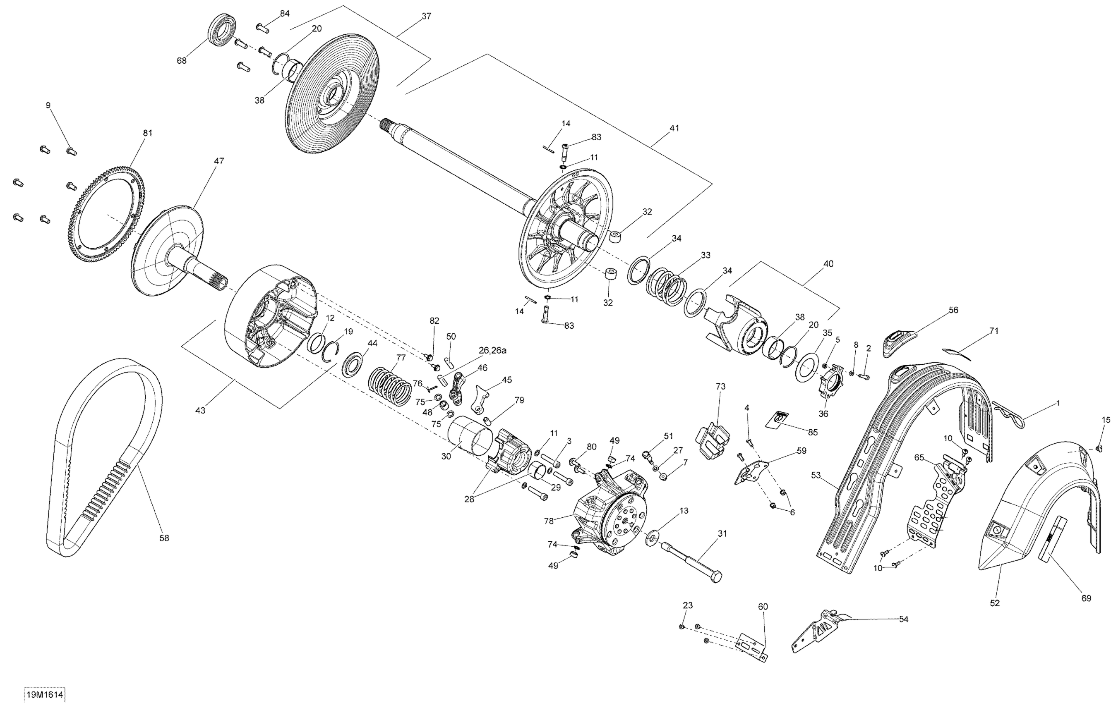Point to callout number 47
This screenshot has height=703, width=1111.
219,161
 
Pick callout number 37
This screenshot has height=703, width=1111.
426,16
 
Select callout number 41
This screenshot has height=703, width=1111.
674,128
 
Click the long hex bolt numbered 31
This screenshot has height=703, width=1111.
692,562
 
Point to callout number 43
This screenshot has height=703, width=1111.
200,410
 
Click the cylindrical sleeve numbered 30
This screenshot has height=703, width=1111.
470,434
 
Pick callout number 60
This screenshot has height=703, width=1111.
763,607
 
